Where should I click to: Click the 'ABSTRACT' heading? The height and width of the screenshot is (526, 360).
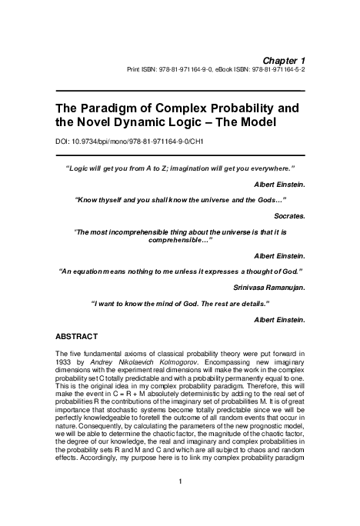point(80,337)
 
